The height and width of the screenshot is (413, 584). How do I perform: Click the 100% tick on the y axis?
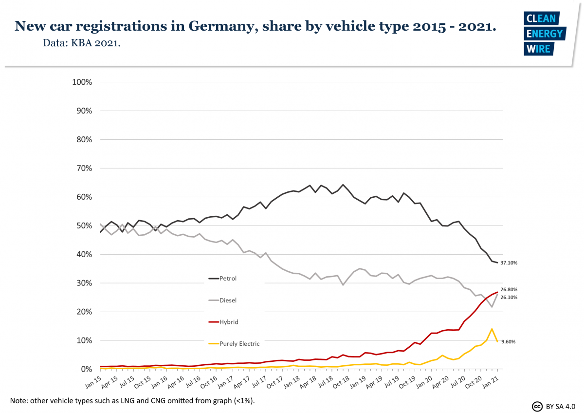82,82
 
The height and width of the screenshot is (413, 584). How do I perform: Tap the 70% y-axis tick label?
83,169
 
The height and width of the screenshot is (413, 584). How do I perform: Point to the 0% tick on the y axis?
86,369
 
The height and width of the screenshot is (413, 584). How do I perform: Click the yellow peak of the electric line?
492,329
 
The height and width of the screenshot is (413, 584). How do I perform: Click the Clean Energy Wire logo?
544,34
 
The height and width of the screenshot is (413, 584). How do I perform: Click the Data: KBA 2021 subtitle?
82,43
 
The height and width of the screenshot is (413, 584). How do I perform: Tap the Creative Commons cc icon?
537,406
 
